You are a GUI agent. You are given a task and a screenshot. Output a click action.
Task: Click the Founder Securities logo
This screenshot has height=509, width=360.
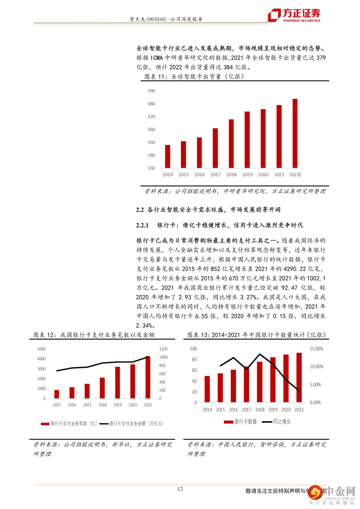coord(294,15)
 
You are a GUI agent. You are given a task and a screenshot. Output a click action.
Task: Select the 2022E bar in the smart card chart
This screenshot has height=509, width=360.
coord(295,133)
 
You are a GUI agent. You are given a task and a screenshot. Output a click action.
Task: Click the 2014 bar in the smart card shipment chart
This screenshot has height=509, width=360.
coord(168,156)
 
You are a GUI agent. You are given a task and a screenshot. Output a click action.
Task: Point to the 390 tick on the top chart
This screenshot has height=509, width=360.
coord(151,91)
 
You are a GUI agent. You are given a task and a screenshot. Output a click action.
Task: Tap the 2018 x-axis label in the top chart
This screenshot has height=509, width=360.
coord(231,175)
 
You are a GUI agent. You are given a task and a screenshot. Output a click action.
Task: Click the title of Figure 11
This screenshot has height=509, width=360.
coord(194,77)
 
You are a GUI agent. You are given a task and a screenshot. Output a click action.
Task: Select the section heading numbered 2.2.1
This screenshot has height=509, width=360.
coord(220,225)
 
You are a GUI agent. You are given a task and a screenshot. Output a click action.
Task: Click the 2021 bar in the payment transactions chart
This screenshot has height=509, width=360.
coord(148,377)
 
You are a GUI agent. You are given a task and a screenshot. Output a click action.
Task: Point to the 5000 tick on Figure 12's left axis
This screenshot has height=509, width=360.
coord(41,349)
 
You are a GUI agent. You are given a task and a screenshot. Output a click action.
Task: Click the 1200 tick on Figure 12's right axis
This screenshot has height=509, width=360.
coord(163,349)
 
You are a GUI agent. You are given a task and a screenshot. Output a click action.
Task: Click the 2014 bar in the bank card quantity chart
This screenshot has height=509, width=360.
coord(207,389)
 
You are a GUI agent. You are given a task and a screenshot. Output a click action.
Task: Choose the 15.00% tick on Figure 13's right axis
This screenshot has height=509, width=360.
coord(316,349)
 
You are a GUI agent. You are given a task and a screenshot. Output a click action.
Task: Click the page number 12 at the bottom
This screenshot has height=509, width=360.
coord(180,489)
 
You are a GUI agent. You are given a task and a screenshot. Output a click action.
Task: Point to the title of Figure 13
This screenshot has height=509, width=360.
coord(256,335)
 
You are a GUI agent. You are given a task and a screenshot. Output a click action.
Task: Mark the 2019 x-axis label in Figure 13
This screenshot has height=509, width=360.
coord(273,410)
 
